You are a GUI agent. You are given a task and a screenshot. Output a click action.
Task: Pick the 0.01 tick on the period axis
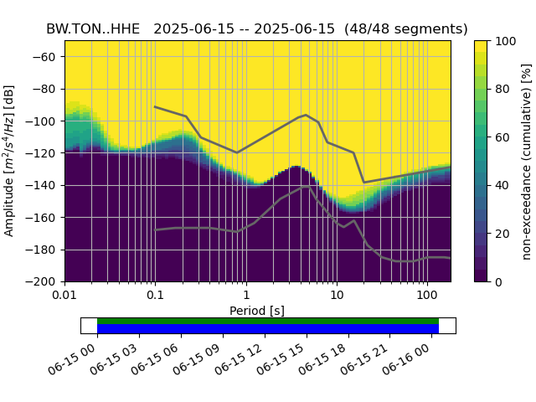pos(64,296)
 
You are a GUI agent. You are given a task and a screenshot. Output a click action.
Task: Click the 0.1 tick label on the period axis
pos(155,296)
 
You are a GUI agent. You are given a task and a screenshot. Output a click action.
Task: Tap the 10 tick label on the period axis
pos(337,296)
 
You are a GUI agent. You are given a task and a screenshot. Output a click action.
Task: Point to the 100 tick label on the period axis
pos(427,296)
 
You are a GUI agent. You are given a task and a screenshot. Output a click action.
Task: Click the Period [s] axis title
pos(258,311)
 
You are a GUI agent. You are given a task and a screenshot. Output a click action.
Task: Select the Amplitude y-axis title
pos(10,162)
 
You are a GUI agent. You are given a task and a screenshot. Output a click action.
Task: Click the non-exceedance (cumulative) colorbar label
pos(527,162)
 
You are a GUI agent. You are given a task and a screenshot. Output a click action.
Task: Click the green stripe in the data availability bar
pos(268,321)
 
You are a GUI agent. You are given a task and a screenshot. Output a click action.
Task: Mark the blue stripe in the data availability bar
pos(268,329)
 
